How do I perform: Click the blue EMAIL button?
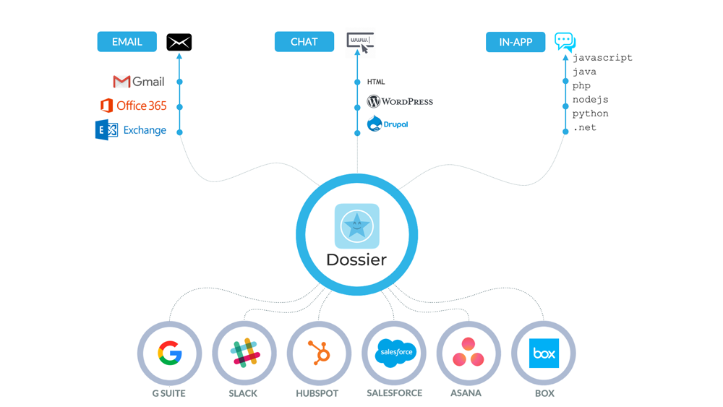pos(127,42)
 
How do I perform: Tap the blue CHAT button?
pos(304,42)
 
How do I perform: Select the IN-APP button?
pos(515,42)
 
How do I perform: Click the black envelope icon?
pos(179,42)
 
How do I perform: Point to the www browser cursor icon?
pos(360,42)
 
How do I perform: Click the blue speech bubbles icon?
pos(565,41)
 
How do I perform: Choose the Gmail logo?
pos(138,82)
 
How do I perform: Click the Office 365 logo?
pos(133,106)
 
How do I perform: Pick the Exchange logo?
pos(131,130)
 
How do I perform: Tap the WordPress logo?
pos(400,102)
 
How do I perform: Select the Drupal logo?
pos(388,124)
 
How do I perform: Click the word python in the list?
pos(590,113)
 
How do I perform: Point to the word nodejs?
pos(590,100)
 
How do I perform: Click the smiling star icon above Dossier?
pos(356,226)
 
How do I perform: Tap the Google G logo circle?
pos(169,354)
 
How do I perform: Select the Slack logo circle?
pos(244,354)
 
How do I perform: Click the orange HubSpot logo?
pos(319,354)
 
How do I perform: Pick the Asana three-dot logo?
pos(469,353)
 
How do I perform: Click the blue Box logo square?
pos(544,354)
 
